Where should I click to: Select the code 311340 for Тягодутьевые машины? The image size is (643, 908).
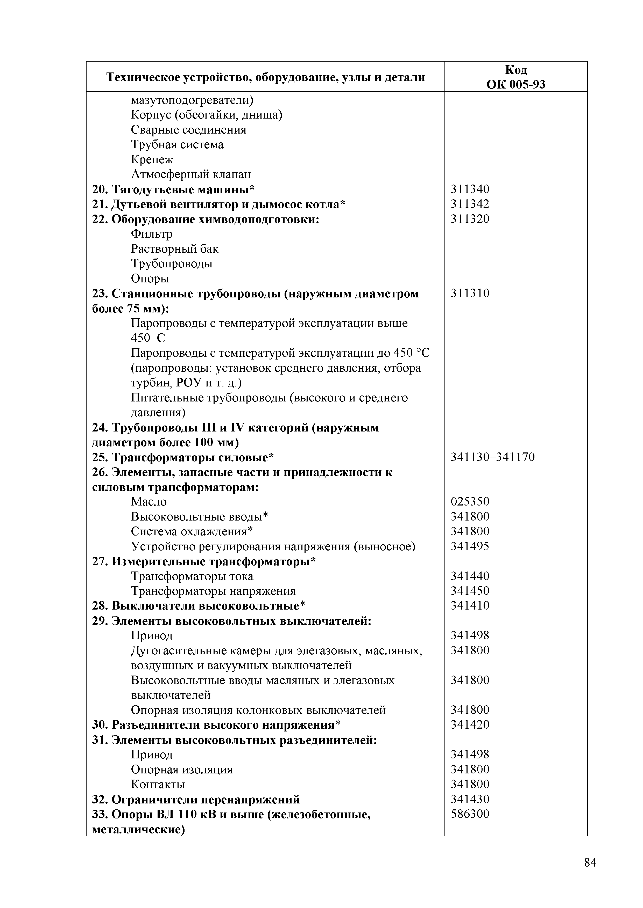pyautogui.click(x=470, y=189)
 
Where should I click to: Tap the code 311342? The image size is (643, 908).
pyautogui.click(x=470, y=204)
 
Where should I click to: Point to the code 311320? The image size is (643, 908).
pyautogui.click(x=470, y=219)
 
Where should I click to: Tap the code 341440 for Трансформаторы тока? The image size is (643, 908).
pyautogui.click(x=470, y=576)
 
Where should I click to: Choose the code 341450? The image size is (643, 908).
pyautogui.click(x=470, y=591)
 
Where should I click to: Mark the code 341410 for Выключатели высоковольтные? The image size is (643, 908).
pyautogui.click(x=470, y=605)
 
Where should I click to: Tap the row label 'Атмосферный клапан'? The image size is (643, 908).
pyautogui.click(x=190, y=174)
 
